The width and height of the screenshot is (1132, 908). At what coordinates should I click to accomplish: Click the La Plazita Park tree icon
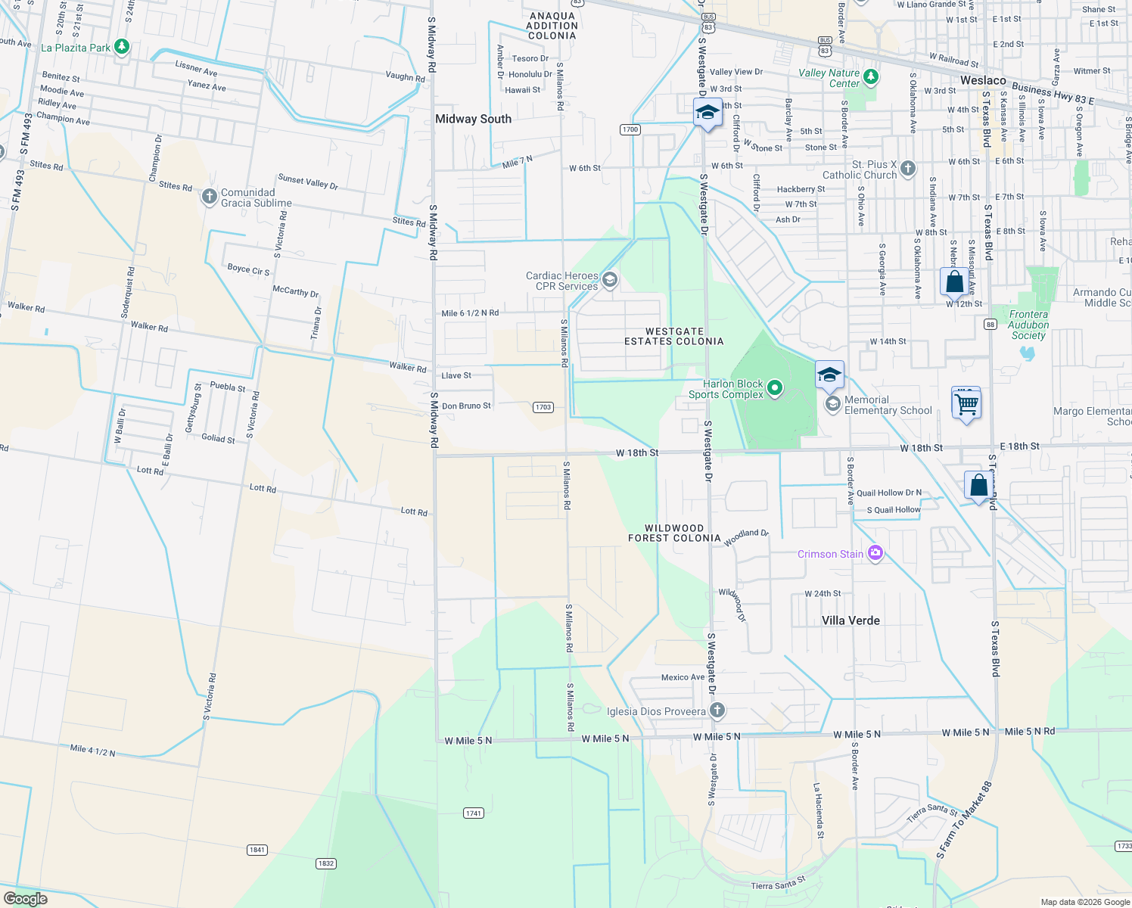point(121,47)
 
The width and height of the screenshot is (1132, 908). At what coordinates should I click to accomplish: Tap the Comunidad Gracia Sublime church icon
point(209,197)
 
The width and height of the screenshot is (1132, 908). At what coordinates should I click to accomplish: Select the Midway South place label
point(473,119)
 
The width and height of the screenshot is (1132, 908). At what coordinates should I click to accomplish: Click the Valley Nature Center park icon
point(871,76)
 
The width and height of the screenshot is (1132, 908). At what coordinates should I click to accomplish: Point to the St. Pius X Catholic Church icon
point(908,169)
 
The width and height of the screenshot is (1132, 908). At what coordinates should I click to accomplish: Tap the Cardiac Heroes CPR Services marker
point(609,281)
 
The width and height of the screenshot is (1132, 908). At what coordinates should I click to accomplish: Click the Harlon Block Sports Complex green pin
point(774,388)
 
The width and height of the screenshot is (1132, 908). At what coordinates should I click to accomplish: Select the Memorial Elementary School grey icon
point(832,404)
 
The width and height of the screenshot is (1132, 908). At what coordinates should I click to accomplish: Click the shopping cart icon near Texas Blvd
point(966,405)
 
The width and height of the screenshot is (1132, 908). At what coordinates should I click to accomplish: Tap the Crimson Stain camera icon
point(875,553)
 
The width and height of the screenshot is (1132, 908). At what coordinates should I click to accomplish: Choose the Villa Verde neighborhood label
point(851,620)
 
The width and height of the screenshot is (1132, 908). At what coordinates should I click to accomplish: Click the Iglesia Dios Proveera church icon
point(717,711)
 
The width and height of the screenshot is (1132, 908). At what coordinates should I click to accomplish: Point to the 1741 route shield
point(473,813)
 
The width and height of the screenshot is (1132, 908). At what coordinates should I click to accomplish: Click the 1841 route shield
point(257,850)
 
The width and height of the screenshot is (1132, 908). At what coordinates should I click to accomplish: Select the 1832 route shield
point(325,863)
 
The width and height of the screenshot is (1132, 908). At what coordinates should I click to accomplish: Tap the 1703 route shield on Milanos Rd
point(543,407)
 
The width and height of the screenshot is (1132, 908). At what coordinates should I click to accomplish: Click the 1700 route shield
point(630,129)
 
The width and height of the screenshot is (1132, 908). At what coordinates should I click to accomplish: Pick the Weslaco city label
point(982,80)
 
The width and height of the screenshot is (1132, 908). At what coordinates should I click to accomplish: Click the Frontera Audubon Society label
point(1028,325)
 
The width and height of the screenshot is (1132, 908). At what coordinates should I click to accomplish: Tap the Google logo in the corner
point(26,898)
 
